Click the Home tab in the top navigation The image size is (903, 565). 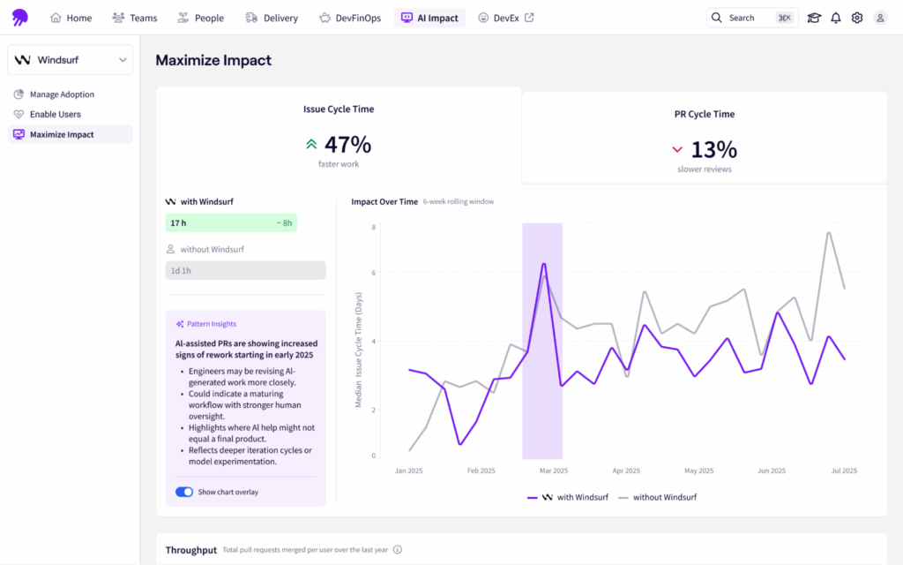click(71, 18)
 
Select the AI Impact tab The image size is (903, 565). click(429, 18)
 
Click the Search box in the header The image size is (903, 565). click(751, 18)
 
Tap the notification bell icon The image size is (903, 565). click(835, 18)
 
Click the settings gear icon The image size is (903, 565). click(857, 18)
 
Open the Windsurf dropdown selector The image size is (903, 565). click(71, 60)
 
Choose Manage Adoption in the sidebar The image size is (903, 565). click(61, 94)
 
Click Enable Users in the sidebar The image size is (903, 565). click(55, 114)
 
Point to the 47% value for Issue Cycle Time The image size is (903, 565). click(347, 145)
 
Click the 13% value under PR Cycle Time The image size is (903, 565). click(713, 149)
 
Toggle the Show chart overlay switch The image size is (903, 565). click(184, 492)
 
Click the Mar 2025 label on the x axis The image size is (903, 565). click(553, 471)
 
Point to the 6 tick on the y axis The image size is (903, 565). click(373, 273)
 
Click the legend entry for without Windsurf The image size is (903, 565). click(657, 497)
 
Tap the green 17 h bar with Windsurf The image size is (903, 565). click(231, 223)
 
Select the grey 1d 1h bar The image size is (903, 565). click(245, 270)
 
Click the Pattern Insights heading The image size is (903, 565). click(211, 324)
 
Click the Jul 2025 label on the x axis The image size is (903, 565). click(844, 471)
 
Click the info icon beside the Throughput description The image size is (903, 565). click(398, 550)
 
